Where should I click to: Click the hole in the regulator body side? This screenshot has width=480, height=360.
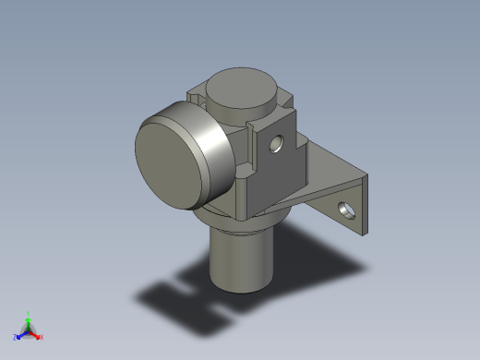pyautogui.click(x=273, y=144)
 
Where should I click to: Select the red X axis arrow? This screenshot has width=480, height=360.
pyautogui.click(x=36, y=334)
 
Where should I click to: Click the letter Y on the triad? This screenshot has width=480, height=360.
pyautogui.click(x=28, y=313)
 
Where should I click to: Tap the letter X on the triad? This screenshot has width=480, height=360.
pyautogui.click(x=42, y=337)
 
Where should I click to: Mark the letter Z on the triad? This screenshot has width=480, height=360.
pyautogui.click(x=15, y=337)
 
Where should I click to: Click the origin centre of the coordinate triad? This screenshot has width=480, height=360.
pyautogui.click(x=28, y=330)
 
